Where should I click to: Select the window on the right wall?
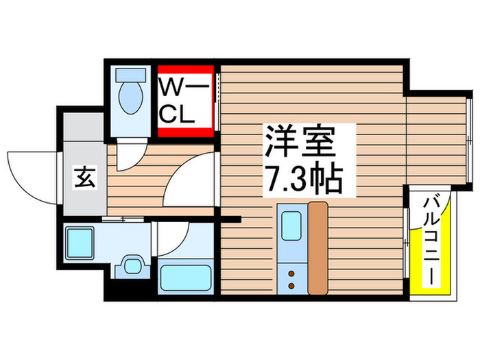click(x=469, y=140)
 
